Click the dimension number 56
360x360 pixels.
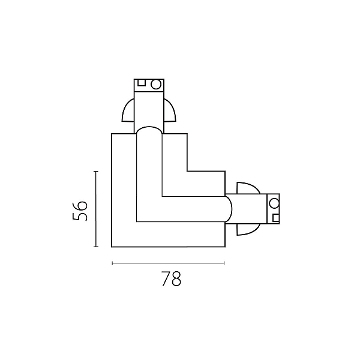(80, 211)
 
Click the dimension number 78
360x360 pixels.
(171, 279)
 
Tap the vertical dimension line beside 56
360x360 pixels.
(96, 209)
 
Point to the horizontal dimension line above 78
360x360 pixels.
(168, 263)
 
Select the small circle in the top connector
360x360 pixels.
(156, 84)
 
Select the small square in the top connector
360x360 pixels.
(142, 83)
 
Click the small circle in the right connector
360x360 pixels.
(274, 203)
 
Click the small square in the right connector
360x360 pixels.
(276, 218)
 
